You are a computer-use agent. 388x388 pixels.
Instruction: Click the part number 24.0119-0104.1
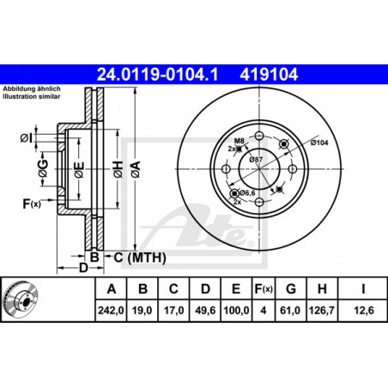(x=158, y=75)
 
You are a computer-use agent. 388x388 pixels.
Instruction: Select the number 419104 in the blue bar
(x=269, y=75)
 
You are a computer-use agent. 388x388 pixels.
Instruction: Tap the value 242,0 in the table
(x=111, y=310)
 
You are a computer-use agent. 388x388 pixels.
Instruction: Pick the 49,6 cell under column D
(x=205, y=310)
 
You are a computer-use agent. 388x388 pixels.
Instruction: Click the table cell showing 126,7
(x=322, y=310)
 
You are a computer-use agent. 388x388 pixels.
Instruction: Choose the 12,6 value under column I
(x=364, y=310)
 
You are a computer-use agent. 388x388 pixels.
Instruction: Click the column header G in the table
(x=291, y=289)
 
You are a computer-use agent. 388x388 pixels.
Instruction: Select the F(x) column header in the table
(x=264, y=289)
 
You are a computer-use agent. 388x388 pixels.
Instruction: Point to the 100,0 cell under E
(x=236, y=310)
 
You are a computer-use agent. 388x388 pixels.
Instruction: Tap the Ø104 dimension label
(x=319, y=142)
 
